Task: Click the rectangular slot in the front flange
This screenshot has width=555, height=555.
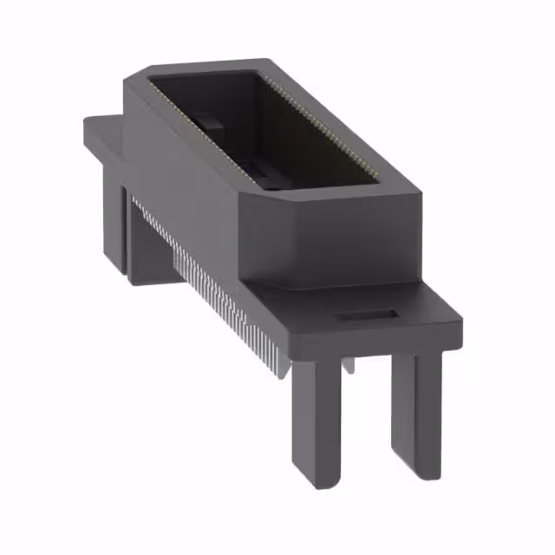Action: pos(368,317)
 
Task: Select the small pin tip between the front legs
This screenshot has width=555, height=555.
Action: pos(348,366)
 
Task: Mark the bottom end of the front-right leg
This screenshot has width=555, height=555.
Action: pos(415,468)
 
